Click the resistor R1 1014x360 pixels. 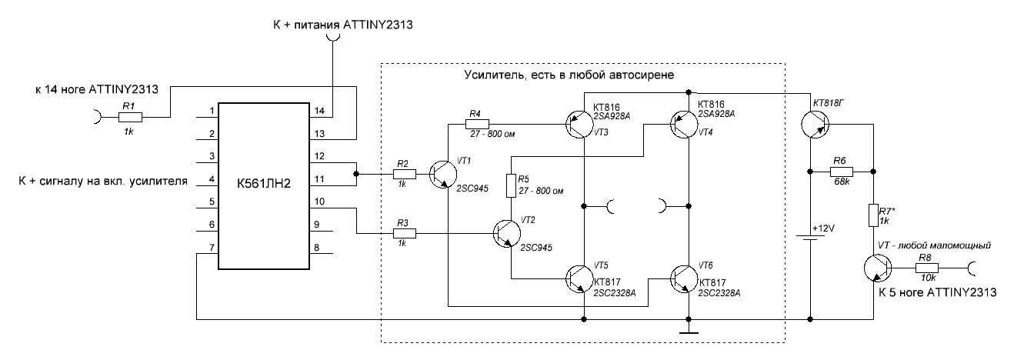[130, 117]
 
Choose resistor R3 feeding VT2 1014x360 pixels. [405, 233]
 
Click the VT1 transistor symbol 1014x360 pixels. [445, 175]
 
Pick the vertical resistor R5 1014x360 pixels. [509, 185]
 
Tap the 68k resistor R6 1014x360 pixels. [841, 171]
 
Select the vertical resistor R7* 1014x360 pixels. [874, 214]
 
